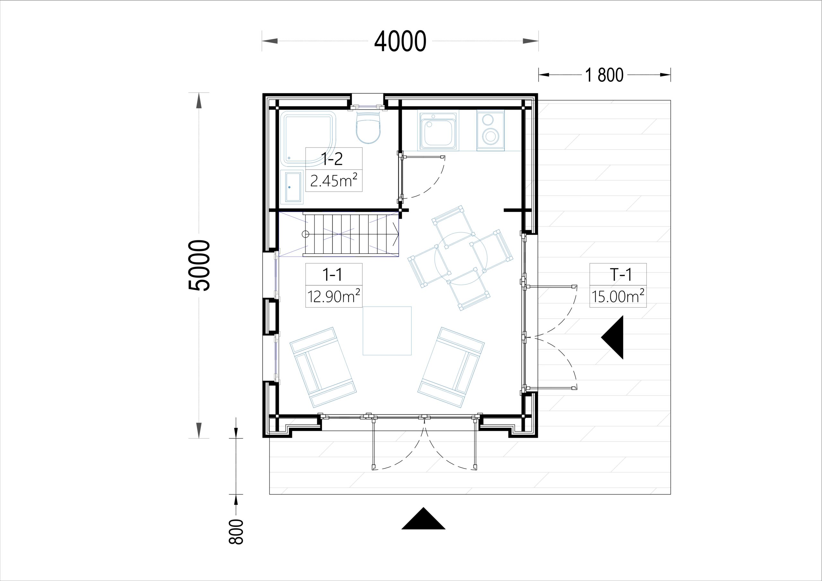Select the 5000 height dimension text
coord(199,265)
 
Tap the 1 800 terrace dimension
coord(604,75)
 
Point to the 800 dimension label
coord(236,532)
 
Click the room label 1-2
coord(332,159)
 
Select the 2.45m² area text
coord(334,180)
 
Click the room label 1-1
coord(332,274)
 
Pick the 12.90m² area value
coord(334,296)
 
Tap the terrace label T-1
coord(620,274)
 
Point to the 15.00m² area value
coord(618,296)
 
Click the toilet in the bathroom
coord(368,127)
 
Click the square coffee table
coord(387,331)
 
